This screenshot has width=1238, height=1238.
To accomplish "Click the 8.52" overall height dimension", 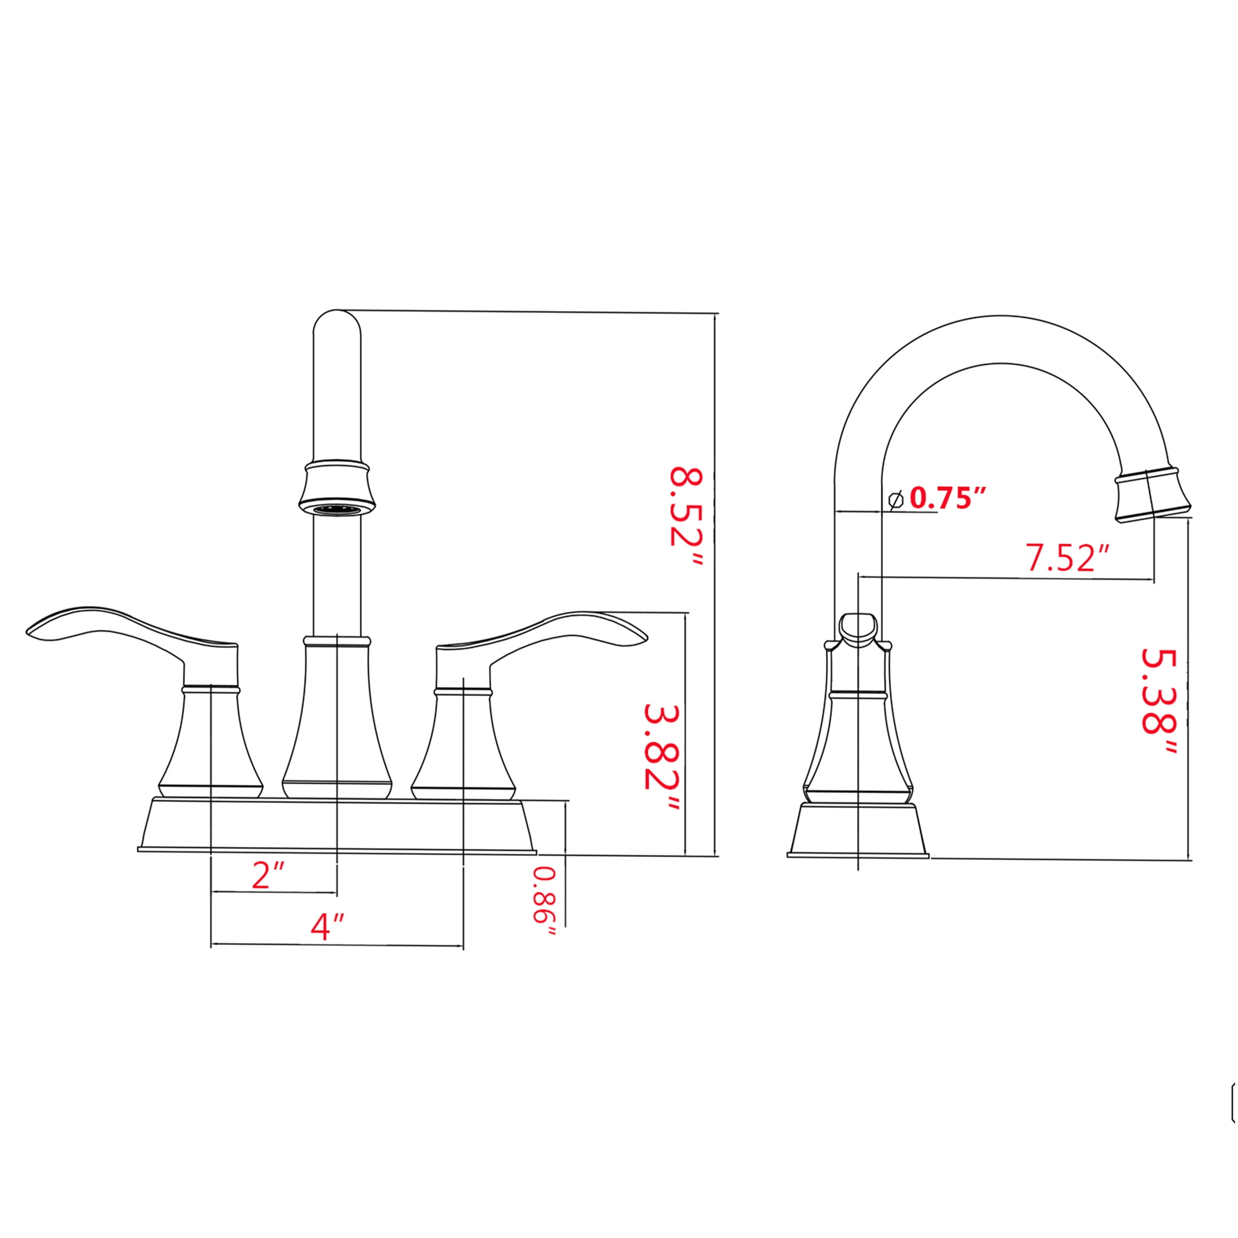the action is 687,517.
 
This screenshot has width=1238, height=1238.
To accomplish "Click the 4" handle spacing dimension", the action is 328,927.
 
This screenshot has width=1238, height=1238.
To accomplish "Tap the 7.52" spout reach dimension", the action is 1067,557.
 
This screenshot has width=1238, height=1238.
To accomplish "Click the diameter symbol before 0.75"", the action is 896,500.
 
